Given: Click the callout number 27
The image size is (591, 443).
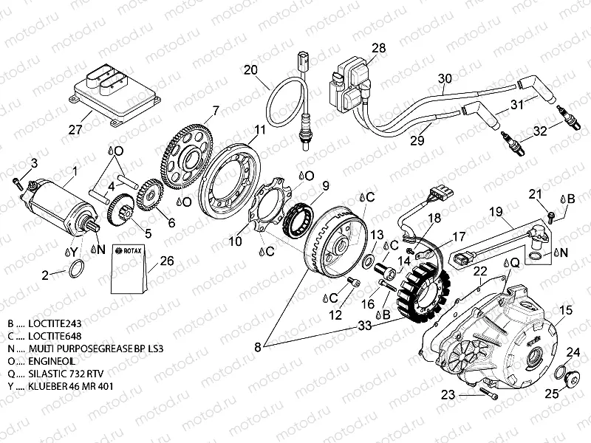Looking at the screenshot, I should [x=74, y=130].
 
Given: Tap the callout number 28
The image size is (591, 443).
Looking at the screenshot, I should [x=379, y=49].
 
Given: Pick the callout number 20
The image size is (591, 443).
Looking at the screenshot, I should [x=251, y=70].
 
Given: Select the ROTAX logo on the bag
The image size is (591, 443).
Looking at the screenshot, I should [x=131, y=251].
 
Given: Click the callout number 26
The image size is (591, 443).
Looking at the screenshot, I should [x=167, y=261].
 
